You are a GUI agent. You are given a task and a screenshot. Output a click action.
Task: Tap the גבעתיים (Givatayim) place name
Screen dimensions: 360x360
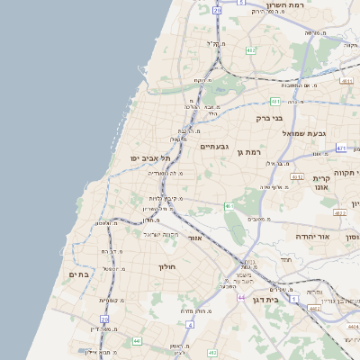(216, 145)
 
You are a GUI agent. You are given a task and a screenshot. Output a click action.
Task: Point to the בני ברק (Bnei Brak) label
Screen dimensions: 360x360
(268, 117)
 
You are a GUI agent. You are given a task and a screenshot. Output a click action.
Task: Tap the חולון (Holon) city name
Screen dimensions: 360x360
(168, 266)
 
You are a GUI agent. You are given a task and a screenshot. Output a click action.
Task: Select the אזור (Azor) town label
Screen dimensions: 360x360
(195, 238)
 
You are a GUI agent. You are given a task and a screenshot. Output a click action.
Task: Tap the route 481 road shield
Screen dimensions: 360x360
(273, 101)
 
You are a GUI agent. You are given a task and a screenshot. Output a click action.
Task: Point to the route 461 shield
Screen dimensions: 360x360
(229, 206)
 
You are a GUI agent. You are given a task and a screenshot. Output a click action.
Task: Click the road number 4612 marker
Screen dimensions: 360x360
(298, 176)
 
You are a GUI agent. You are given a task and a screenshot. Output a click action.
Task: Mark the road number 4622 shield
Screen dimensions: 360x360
(338, 213)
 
